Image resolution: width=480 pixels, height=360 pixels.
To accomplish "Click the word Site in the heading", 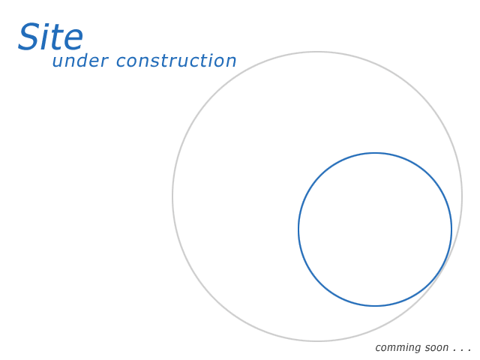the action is tap(50, 37).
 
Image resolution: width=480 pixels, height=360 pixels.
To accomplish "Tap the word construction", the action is tap(176, 60).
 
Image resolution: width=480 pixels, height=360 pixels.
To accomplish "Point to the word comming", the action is tap(397, 348).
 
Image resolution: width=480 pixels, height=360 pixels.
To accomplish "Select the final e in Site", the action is tap(73, 40).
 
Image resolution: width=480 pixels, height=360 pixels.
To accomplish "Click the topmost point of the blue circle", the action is tap(375, 153).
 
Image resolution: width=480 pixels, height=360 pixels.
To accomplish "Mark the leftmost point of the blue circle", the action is tap(298, 229).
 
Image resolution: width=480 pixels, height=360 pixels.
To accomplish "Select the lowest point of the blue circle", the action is tap(375, 305).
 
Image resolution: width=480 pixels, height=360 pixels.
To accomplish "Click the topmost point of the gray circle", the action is tap(317, 52).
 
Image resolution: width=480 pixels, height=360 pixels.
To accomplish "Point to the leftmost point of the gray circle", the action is tap(172, 196).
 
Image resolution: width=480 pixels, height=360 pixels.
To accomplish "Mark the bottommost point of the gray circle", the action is tap(317, 340).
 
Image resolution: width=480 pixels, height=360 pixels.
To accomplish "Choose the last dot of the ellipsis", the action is tap(469, 350).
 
